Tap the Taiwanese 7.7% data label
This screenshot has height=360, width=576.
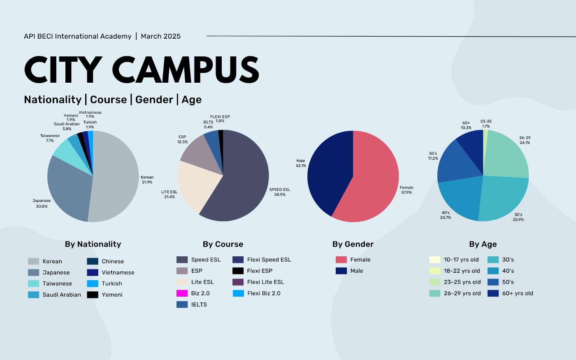click(50, 138)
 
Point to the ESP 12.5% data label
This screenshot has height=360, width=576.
click(183, 139)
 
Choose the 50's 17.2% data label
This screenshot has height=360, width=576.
click(433, 156)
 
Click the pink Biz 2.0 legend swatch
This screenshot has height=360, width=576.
click(182, 293)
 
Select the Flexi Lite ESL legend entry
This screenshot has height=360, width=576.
click(265, 282)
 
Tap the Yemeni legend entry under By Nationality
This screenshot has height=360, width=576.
click(112, 295)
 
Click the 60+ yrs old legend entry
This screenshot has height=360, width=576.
click(517, 294)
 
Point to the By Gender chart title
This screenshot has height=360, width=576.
click(353, 244)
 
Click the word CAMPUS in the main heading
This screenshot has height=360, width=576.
click(186, 70)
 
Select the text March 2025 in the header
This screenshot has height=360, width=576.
click(160, 36)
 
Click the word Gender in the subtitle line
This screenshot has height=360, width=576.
click(154, 100)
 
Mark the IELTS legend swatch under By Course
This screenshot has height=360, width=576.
click(182, 304)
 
